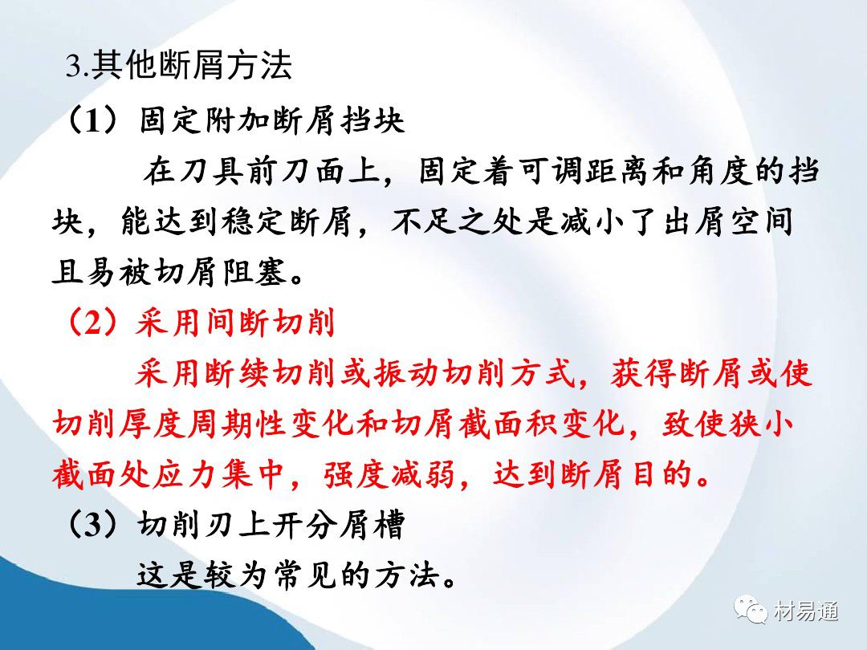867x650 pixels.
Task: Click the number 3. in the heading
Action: pyautogui.click(x=77, y=66)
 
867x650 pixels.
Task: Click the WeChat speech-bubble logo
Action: pyautogui.click(x=751, y=610)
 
